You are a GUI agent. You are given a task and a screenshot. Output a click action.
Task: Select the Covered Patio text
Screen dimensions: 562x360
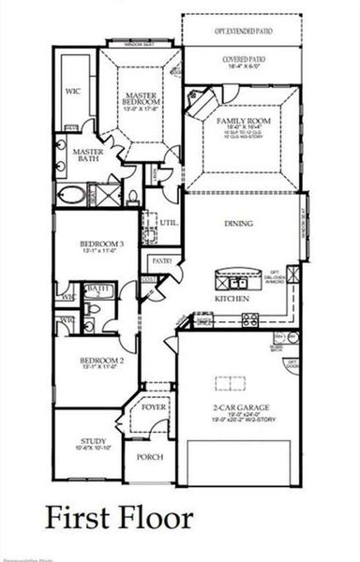point(242,60)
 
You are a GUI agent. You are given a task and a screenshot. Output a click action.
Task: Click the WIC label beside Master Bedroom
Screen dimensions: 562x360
point(73,92)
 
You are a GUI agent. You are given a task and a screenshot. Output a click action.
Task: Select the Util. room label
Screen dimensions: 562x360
point(170,224)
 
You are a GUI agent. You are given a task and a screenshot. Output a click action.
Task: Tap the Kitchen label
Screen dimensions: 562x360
point(231,297)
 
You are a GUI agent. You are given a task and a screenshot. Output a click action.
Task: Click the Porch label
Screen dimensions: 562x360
point(150,456)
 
